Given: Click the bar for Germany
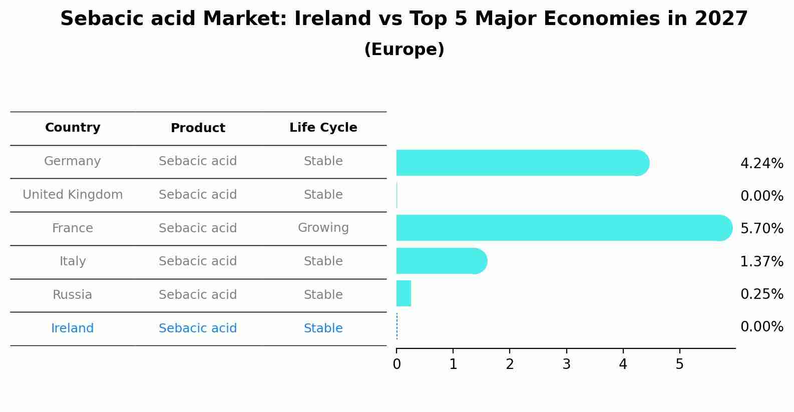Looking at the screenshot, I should pyautogui.click(x=521, y=163).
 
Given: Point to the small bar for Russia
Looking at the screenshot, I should pyautogui.click(x=404, y=293).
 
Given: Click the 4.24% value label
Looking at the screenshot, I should pyautogui.click(x=761, y=164).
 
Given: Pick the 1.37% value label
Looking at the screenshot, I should pyautogui.click(x=761, y=261).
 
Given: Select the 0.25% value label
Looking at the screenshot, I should pyautogui.click(x=761, y=294).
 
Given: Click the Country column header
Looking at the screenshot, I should pyautogui.click(x=73, y=128).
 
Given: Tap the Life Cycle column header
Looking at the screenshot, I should pyautogui.click(x=323, y=128).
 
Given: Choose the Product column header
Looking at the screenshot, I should pyautogui.click(x=198, y=128).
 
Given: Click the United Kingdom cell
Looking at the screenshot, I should pyautogui.click(x=73, y=195).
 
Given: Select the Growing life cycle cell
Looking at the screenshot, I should pyautogui.click(x=323, y=228).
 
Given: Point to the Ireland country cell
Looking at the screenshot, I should pyautogui.click(x=73, y=328).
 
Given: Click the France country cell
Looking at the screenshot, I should pyautogui.click(x=73, y=228).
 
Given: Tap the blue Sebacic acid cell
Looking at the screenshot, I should pyautogui.click(x=198, y=328).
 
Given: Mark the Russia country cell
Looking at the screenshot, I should pyautogui.click(x=73, y=295).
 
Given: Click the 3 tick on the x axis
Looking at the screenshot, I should pyautogui.click(x=566, y=364).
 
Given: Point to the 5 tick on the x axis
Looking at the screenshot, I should pyautogui.click(x=679, y=364).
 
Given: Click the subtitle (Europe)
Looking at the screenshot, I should pyautogui.click(x=404, y=50).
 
